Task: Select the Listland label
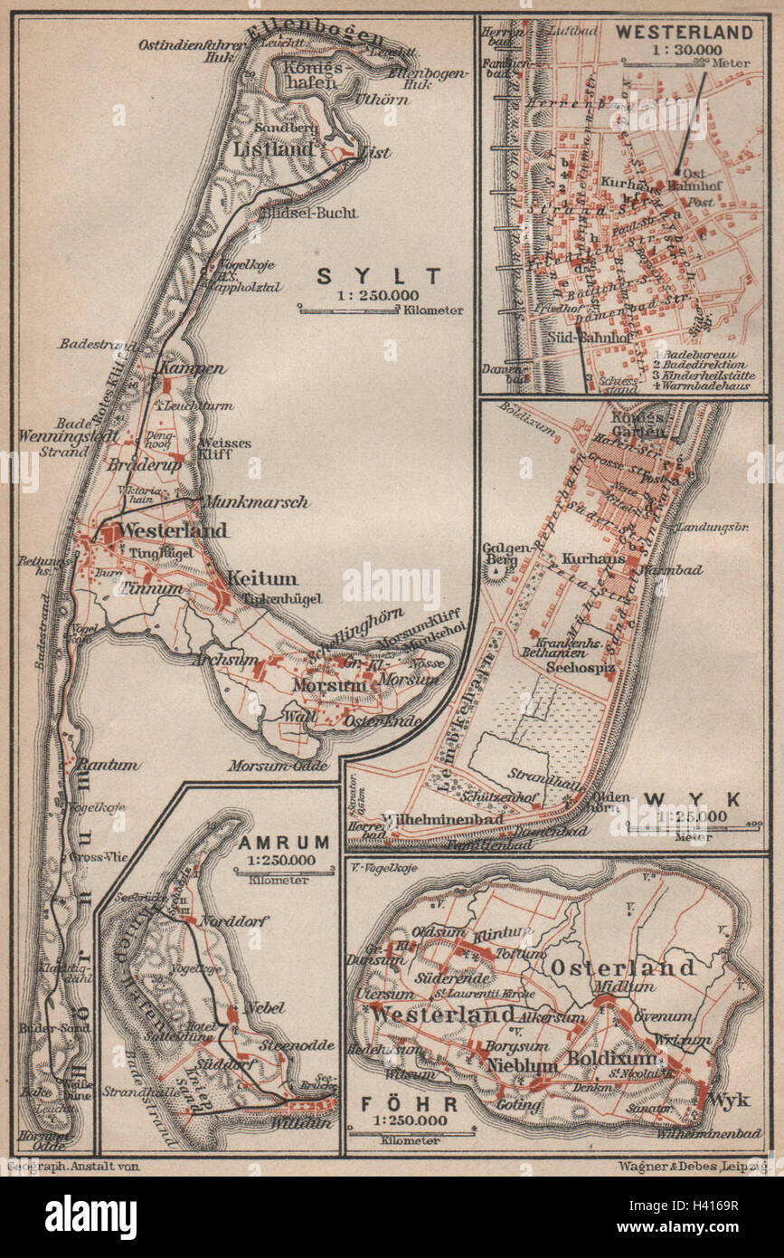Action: pyautogui.click(x=273, y=148)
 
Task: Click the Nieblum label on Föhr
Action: pyautogui.click(x=522, y=1065)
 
